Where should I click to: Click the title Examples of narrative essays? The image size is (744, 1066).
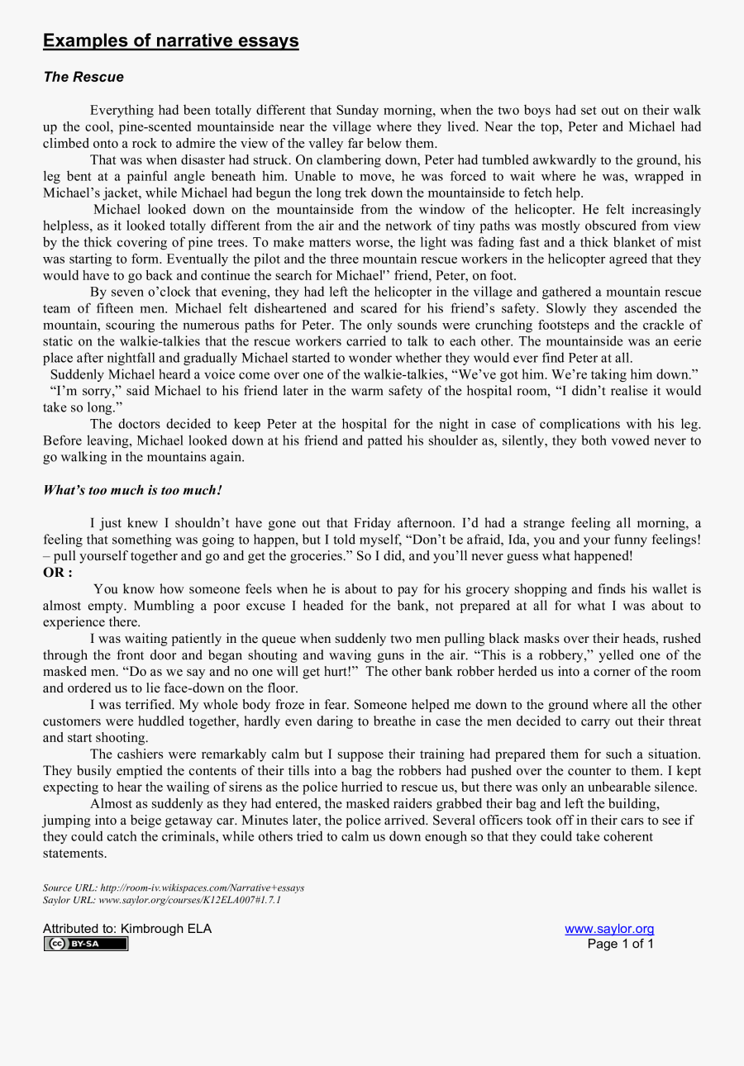pyautogui.click(x=171, y=40)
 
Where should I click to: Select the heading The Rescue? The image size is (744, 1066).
pyautogui.click(x=83, y=77)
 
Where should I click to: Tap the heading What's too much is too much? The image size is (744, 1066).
pyautogui.click(x=132, y=490)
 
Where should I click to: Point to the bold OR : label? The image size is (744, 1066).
pyautogui.click(x=58, y=573)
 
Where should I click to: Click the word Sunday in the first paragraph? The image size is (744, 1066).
pyautogui.click(x=359, y=110)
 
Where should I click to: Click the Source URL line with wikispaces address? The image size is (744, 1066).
pyautogui.click(x=174, y=888)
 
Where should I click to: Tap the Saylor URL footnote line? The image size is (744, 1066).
pyautogui.click(x=162, y=900)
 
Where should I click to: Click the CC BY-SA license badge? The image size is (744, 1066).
pyautogui.click(x=86, y=944)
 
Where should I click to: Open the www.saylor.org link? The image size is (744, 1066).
pyautogui.click(x=609, y=929)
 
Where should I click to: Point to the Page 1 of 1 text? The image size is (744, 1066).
pyautogui.click(x=620, y=944)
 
